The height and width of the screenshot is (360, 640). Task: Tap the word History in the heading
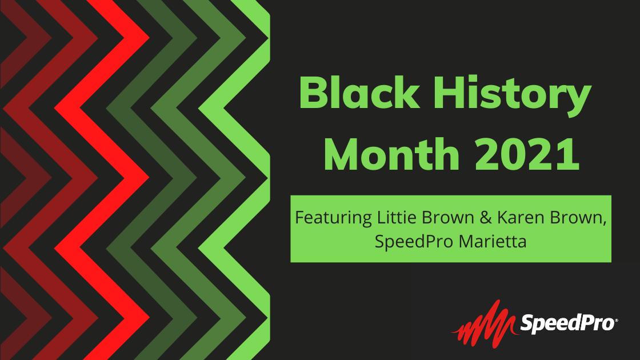click(512, 97)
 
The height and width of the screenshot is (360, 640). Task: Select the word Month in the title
click(392, 154)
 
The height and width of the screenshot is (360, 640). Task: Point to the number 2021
click(527, 154)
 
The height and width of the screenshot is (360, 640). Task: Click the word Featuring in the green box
click(333, 218)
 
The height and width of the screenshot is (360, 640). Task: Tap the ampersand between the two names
click(486, 218)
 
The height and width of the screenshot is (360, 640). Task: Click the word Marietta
click(492, 242)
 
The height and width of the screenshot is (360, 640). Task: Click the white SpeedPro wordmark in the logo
click(567, 323)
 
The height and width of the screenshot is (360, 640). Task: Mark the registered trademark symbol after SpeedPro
click(617, 321)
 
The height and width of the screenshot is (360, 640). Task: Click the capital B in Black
click(314, 93)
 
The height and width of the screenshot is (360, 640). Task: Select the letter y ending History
click(577, 101)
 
